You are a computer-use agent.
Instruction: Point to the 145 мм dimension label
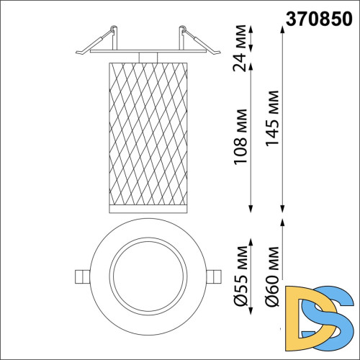click(273, 119)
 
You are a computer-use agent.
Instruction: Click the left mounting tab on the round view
click(81, 276)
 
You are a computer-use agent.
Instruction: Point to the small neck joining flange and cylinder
click(148, 56)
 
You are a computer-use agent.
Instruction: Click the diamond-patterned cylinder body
click(148, 133)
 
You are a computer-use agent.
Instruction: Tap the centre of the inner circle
click(148, 276)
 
